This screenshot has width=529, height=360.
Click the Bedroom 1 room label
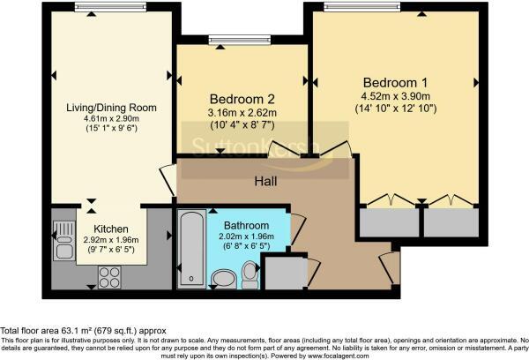[395, 83]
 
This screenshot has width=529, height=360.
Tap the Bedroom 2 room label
[242, 99]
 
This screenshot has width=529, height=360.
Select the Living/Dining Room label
[111, 108]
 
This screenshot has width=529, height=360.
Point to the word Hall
[265, 182]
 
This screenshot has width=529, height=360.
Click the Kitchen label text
[111, 229]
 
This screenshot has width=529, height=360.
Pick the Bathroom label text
[246, 225]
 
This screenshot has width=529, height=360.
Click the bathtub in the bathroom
[191, 249]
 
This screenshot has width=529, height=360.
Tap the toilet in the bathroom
[250, 274]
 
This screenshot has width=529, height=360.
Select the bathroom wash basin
[223, 279]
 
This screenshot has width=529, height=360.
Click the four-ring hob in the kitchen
[109, 277]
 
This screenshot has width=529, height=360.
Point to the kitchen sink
[64, 241]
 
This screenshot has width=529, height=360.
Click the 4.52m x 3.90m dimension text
[395, 96]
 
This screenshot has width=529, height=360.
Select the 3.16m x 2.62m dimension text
[242, 113]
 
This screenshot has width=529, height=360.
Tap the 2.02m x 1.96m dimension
[246, 236]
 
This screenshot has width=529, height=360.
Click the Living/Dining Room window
[110, 7]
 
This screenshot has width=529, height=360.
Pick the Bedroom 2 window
[240, 41]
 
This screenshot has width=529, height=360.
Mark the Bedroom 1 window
[362, 7]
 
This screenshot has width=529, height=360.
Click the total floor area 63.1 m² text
[84, 331]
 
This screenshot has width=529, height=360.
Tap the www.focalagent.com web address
[339, 356]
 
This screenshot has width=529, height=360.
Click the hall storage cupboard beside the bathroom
[286, 273]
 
